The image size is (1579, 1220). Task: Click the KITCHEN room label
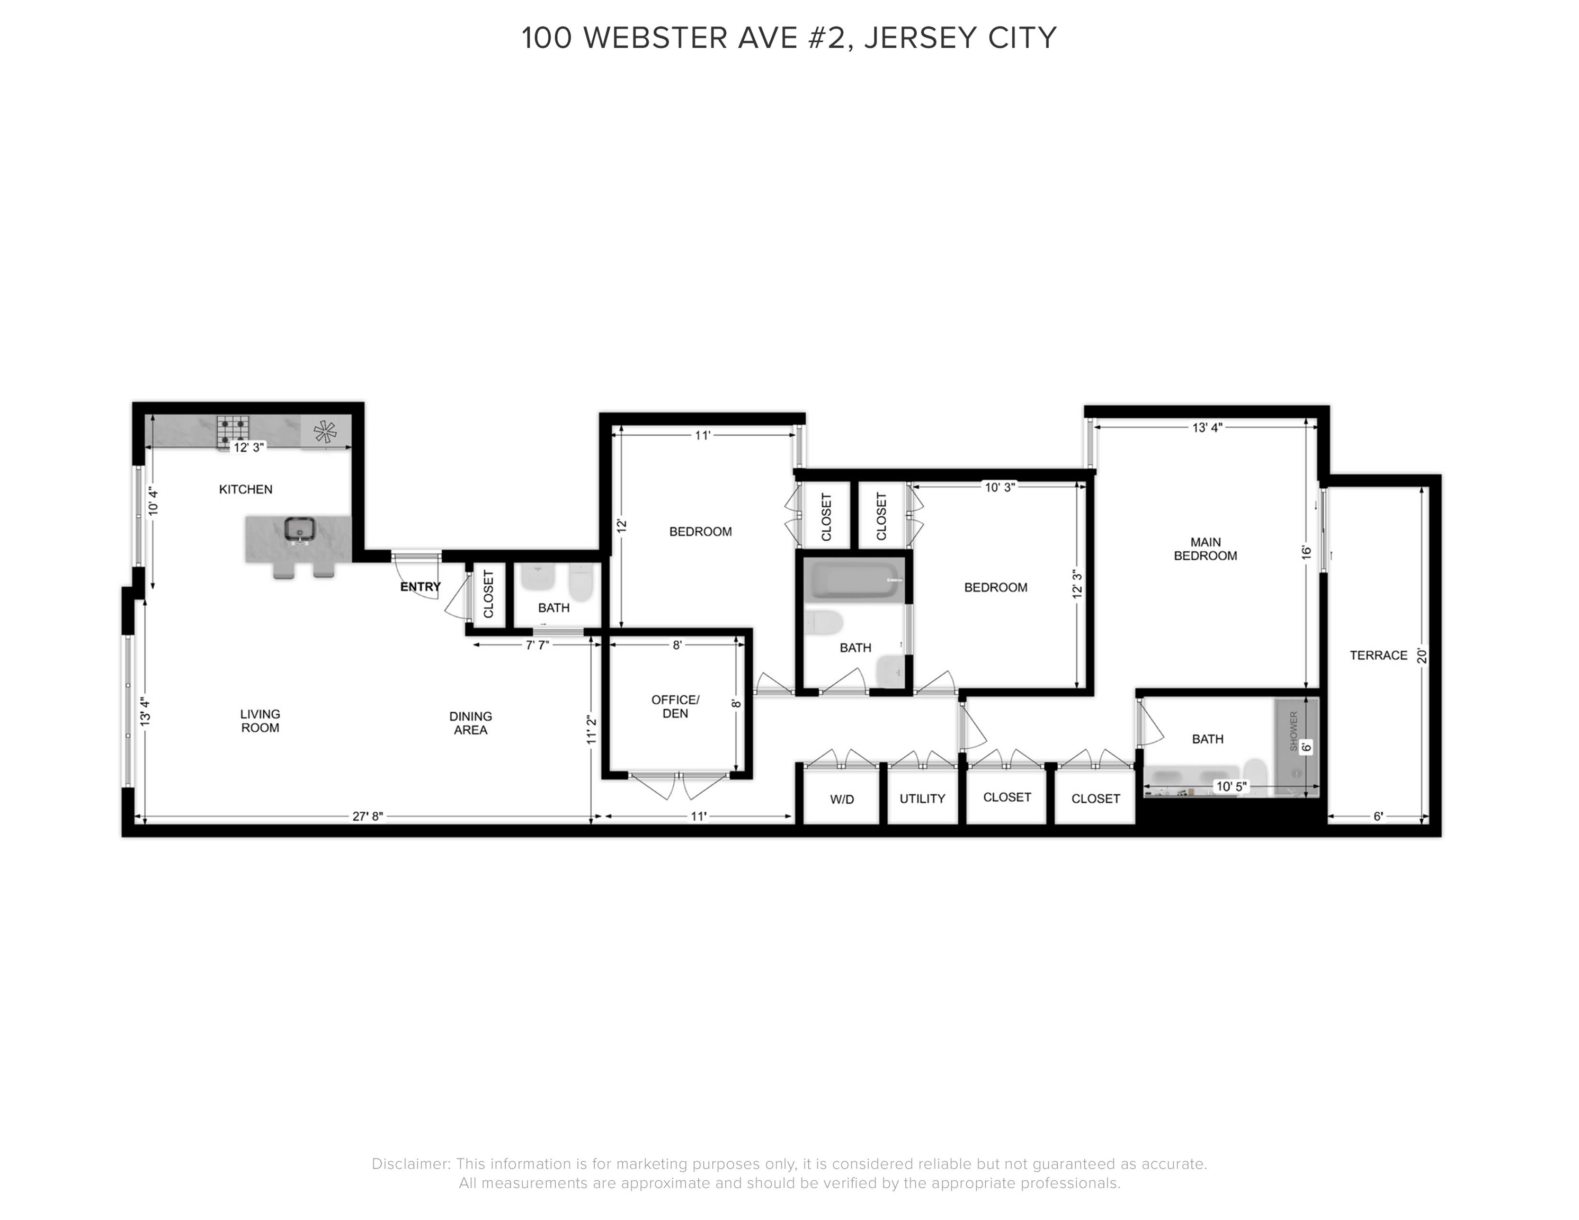[x=245, y=489]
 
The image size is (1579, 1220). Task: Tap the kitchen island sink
[x=299, y=530]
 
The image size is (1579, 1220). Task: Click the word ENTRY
[x=420, y=587]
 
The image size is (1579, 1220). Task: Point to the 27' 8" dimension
[x=367, y=817]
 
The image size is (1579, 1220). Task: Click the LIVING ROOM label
[x=260, y=721]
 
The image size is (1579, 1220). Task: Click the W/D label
[x=842, y=799]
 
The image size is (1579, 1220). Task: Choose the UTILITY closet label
[x=922, y=799]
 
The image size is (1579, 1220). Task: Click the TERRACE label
[x=1378, y=656]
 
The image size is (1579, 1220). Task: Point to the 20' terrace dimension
[x=1421, y=656]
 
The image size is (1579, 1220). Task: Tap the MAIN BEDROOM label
[x=1205, y=549]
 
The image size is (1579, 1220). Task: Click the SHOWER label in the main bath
[x=1293, y=730]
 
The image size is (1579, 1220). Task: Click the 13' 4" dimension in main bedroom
[x=1207, y=428]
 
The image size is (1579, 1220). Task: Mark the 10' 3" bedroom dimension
[x=1000, y=487]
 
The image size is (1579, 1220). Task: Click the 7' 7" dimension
[x=537, y=645]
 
